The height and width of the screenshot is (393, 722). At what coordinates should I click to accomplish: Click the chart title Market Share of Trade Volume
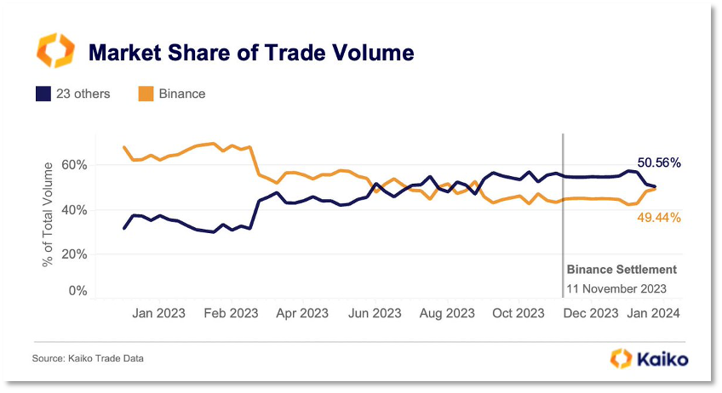pyautogui.click(x=251, y=53)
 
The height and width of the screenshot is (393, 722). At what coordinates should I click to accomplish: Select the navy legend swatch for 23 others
pyautogui.click(x=43, y=94)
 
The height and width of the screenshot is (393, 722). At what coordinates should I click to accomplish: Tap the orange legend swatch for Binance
pyautogui.click(x=145, y=94)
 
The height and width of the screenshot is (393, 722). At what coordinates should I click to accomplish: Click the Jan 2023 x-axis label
pyautogui.click(x=159, y=313)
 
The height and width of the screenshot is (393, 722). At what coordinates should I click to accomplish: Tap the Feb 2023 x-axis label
pyautogui.click(x=230, y=313)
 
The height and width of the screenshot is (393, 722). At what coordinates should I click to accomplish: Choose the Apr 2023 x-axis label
pyautogui.click(x=302, y=313)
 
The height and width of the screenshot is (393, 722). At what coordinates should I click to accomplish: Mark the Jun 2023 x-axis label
pyautogui.click(x=375, y=313)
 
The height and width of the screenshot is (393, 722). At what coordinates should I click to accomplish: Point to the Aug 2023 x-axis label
pyautogui.click(x=447, y=313)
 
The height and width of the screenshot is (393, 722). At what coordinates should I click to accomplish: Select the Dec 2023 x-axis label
pyautogui.click(x=591, y=313)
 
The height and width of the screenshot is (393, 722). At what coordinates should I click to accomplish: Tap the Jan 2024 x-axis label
pyautogui.click(x=654, y=313)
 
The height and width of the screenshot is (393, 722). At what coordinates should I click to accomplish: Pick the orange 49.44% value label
pyautogui.click(x=658, y=219)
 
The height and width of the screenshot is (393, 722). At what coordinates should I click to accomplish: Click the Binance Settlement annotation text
pyautogui.click(x=622, y=270)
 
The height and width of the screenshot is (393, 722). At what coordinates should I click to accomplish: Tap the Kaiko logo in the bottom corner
pyautogui.click(x=649, y=358)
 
